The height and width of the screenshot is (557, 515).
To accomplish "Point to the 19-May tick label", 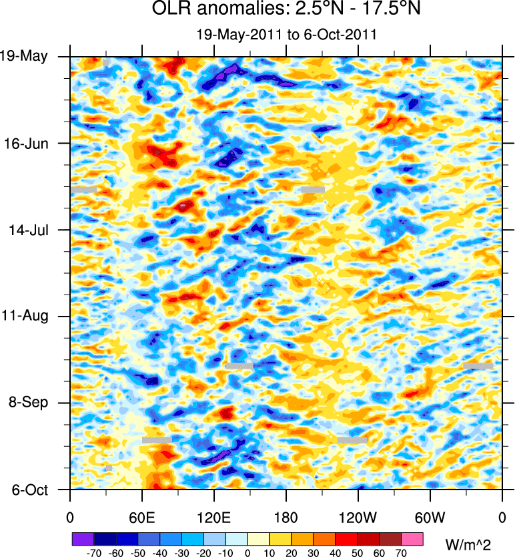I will (x=24, y=56).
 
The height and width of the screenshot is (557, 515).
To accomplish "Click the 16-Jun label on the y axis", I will (x=26, y=143).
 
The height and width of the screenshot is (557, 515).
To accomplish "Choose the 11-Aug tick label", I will (x=25, y=315).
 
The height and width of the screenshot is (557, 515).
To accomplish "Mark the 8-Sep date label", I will (x=26, y=402).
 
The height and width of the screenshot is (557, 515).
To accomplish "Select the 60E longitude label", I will (x=142, y=517).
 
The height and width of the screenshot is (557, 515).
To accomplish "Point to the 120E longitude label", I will (x=214, y=517).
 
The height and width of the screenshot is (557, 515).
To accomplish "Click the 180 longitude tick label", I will (x=286, y=517).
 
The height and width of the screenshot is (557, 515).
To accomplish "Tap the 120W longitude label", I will (x=358, y=517).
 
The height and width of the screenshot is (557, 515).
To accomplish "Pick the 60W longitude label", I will (x=430, y=517).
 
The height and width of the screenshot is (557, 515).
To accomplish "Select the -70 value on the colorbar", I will (x=93, y=553).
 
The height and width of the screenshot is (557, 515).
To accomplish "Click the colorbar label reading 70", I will (x=401, y=553).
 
